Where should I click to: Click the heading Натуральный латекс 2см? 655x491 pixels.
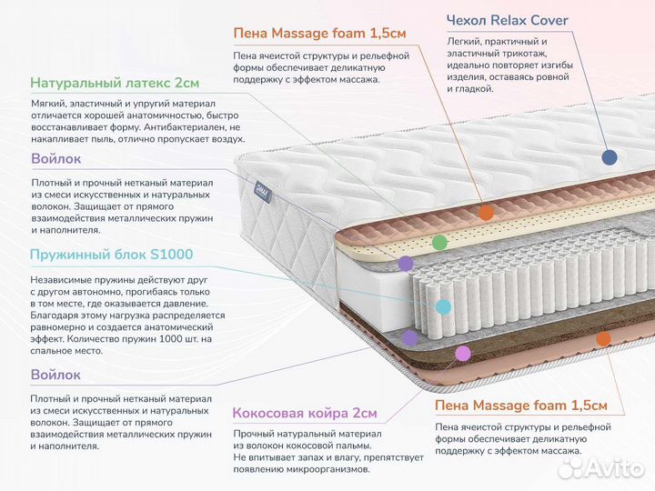point(115,83)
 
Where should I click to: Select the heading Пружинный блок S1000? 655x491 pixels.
point(112,255)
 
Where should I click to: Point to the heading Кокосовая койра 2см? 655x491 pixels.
point(304,413)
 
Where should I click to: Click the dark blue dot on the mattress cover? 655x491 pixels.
point(610,156)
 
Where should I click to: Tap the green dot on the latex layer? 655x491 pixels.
point(439,243)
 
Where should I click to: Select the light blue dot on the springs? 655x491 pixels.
point(444,307)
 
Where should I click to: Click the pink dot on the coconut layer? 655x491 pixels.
point(463,353)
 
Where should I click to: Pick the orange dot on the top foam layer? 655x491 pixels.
point(486,213)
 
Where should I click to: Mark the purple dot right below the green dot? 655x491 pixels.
point(406,264)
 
